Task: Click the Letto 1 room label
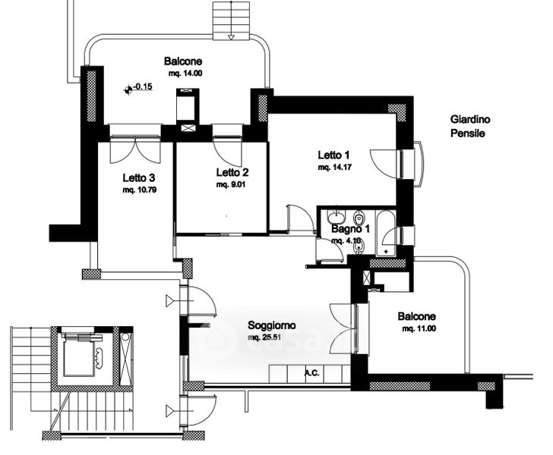(x=333, y=155)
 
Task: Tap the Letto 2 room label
(x=232, y=172)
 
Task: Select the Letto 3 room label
(x=139, y=178)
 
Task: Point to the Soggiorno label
(x=272, y=325)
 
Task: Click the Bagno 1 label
(x=351, y=229)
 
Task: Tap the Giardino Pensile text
(x=470, y=127)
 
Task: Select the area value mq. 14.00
(x=185, y=74)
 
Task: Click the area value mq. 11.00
(x=419, y=328)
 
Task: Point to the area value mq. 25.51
(x=264, y=337)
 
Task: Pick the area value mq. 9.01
(x=231, y=184)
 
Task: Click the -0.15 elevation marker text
(x=143, y=86)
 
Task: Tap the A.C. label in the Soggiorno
(x=311, y=373)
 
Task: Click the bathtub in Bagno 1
(x=386, y=233)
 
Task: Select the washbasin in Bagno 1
(x=337, y=217)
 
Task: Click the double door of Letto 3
(x=135, y=151)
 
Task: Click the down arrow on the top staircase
(x=232, y=36)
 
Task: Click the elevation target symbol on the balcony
(x=128, y=90)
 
